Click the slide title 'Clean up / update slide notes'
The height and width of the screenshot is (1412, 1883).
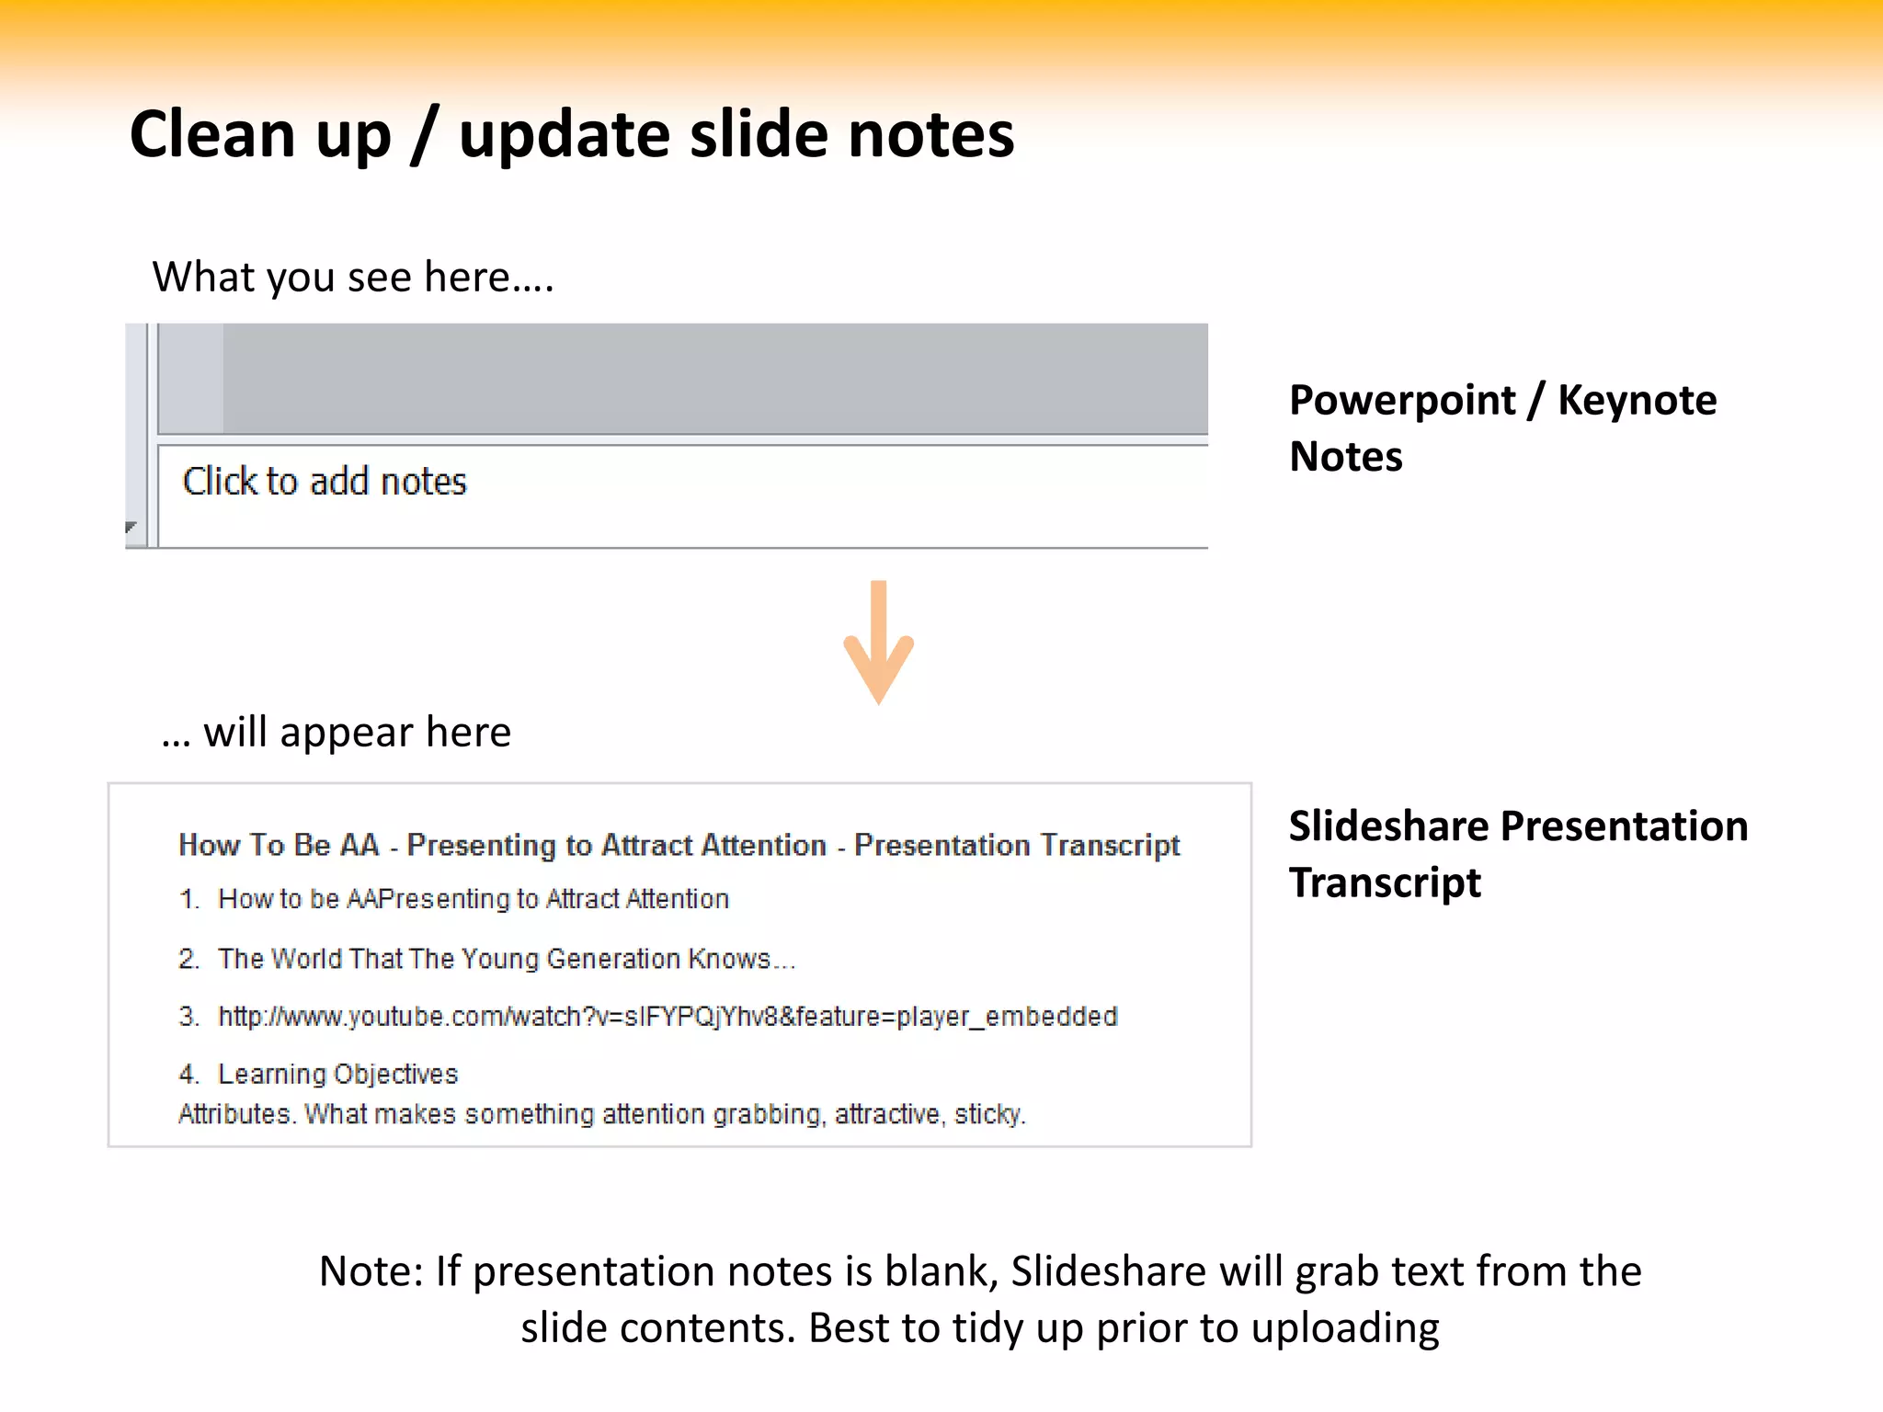tap(572, 135)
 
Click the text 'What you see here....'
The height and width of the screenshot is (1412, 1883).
tap(353, 277)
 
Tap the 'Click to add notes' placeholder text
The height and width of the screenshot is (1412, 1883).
tap(325, 482)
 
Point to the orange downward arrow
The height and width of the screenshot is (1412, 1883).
tap(878, 643)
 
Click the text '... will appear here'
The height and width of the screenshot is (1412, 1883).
tap(337, 733)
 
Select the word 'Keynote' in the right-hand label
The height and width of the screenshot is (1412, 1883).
tap(1637, 401)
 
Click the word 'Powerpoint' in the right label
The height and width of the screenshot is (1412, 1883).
tap(1402, 401)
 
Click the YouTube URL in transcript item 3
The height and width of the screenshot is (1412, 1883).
tap(668, 1017)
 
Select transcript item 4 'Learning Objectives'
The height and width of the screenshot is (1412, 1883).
tap(337, 1074)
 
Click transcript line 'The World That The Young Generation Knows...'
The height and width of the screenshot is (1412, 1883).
tap(506, 959)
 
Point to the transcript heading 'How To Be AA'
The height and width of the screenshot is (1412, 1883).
tap(279, 845)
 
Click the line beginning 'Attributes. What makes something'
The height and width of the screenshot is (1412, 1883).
tap(601, 1114)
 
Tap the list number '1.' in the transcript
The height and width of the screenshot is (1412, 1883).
tap(189, 899)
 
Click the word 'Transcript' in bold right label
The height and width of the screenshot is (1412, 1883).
tap(1385, 883)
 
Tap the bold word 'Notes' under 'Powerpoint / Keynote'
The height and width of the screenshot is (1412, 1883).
tap(1346, 457)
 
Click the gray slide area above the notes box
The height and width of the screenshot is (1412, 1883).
tap(713, 378)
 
